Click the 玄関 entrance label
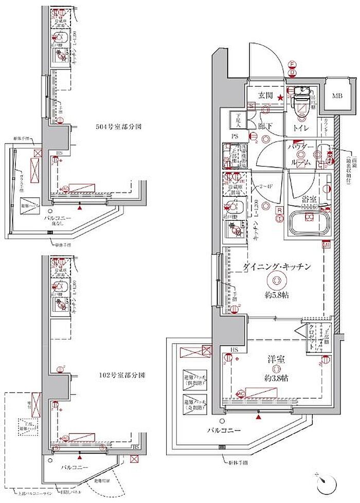coord(265,95)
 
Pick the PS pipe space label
coord(234,136)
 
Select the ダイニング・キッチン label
coord(276,266)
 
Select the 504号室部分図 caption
coord(118,125)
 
